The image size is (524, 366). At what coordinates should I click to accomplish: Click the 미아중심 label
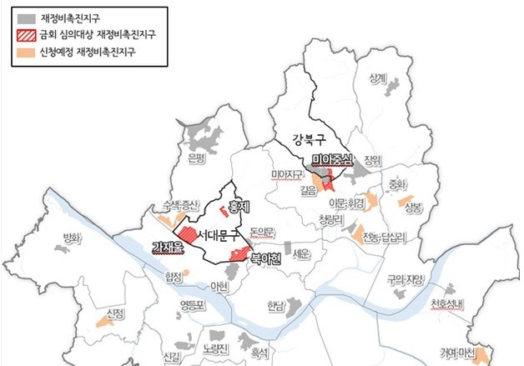point(333,160)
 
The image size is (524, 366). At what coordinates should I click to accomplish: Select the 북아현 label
point(266,259)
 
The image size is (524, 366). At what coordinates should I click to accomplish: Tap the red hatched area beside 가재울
point(186,233)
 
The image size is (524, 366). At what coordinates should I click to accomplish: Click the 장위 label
point(372,160)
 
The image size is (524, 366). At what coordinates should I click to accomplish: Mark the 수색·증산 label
point(179,205)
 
